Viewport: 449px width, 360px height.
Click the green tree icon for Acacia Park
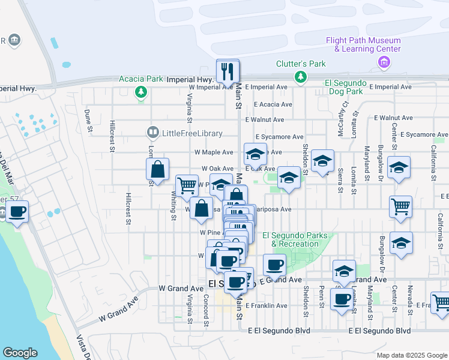pyautogui.click(x=141, y=92)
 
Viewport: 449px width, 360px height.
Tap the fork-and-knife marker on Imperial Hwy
pyautogui.click(x=228, y=71)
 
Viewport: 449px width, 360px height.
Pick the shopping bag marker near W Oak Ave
pyautogui.click(x=157, y=170)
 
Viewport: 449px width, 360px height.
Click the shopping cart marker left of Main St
pyautogui.click(x=187, y=185)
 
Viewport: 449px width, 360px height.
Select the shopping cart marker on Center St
pyautogui.click(x=400, y=207)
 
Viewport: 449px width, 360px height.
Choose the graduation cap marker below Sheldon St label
pyautogui.click(x=322, y=161)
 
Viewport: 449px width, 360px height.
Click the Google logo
pyautogui.click(x=20, y=353)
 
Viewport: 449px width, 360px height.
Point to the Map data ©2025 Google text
pyautogui.click(x=411, y=355)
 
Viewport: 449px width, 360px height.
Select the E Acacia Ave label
pyautogui.click(x=273, y=104)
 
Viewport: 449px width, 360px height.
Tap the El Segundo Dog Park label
pyautogui.click(x=344, y=87)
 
